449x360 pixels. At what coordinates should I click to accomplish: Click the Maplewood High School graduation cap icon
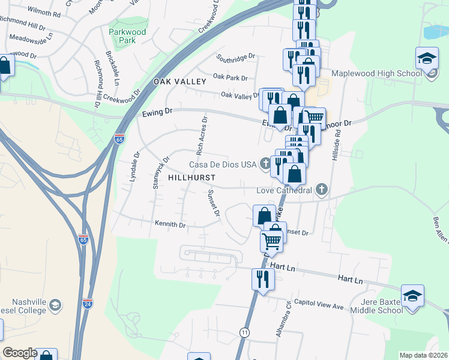click(x=427, y=59)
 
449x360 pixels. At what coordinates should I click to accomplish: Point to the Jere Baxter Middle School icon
click(x=412, y=296)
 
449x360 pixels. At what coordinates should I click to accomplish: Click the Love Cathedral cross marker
click(x=322, y=190)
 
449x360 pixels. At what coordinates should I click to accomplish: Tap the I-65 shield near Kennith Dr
click(x=83, y=239)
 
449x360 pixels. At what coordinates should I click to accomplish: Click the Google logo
click(x=19, y=353)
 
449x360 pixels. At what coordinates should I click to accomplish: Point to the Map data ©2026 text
click(x=424, y=355)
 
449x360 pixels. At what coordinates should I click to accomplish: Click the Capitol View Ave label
click(x=318, y=305)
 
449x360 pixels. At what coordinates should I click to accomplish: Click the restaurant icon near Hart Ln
click(x=263, y=280)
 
